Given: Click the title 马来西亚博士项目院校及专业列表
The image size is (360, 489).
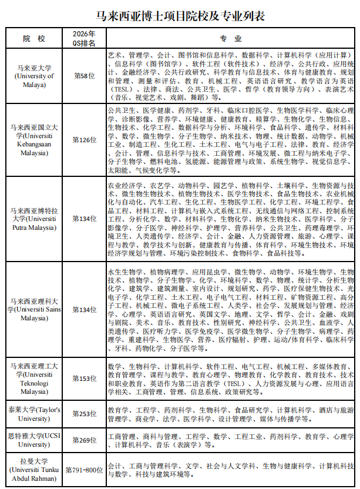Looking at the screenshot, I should click(180, 16).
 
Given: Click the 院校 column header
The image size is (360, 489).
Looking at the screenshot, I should click(34, 39).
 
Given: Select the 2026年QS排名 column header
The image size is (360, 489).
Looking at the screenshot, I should click(84, 39).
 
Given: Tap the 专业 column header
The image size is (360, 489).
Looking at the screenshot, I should click(231, 39).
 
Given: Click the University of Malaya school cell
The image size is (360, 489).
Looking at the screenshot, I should click(34, 76).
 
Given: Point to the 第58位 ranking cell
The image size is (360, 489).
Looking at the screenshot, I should click(84, 76).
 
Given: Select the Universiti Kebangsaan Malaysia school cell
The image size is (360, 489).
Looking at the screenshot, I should click(34, 140).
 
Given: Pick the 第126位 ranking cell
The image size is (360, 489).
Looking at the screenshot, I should click(84, 140).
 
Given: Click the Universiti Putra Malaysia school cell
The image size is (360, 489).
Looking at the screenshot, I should click(34, 218).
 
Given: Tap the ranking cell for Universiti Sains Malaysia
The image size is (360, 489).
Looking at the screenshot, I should click(84, 309).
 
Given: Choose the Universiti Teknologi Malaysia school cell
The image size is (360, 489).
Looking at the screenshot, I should click(34, 379).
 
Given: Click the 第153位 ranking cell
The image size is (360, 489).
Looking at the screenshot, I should click(84, 379).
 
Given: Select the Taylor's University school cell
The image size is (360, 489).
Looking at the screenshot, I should click(34, 414).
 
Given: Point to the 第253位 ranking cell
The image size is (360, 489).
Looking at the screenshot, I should click(84, 414).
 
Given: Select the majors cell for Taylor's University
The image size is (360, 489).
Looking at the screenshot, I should click(231, 414).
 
